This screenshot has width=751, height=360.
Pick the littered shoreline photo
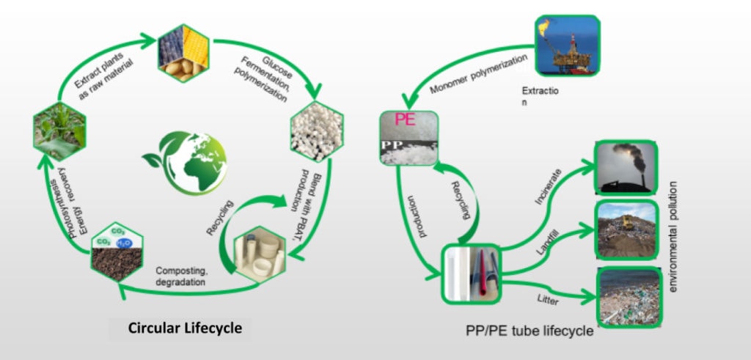point(627,295)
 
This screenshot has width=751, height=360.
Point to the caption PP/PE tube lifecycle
point(530,331)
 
